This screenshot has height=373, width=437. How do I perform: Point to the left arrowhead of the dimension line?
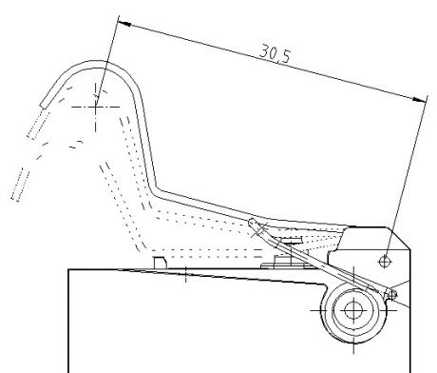[123, 24]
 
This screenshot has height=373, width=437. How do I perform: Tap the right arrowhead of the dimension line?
[420, 100]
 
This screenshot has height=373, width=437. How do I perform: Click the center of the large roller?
[353, 310]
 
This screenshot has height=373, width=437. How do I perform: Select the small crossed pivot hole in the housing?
[385, 262]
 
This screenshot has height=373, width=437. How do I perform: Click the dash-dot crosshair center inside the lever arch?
[95, 107]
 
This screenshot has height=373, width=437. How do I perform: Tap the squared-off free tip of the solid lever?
[43, 105]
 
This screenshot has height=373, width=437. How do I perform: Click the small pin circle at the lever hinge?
[391, 295]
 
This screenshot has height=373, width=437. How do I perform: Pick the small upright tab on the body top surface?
[160, 263]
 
